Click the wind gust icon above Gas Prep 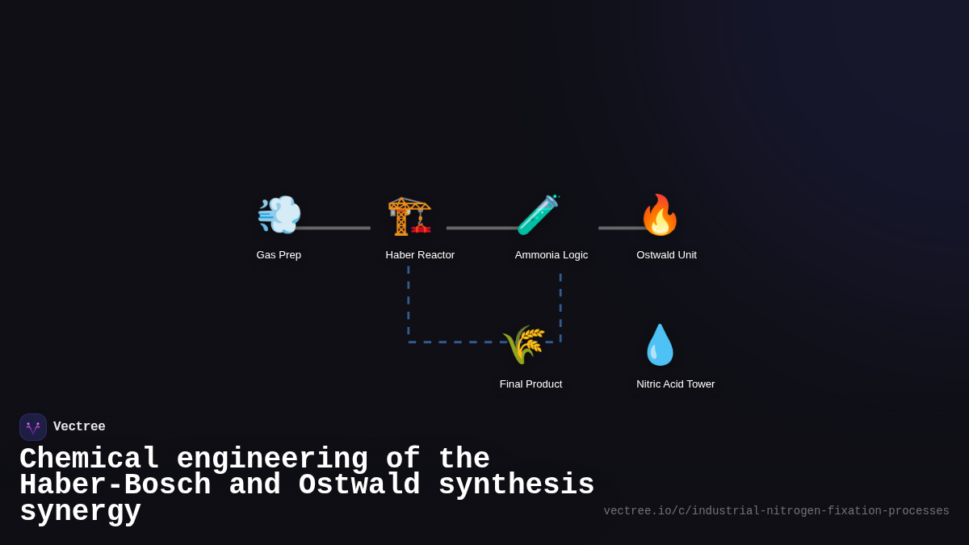[279, 215]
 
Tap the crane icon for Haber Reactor [409, 216]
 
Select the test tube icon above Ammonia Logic [538, 215]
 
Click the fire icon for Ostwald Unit [660, 215]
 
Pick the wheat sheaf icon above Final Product [523, 345]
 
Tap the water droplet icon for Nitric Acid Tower [660, 345]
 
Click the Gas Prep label [279, 255]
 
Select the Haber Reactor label [420, 255]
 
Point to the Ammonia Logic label [552, 255]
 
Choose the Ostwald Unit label [666, 255]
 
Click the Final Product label [531, 384]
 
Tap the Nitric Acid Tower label [675, 384]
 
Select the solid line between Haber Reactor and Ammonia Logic [480, 228]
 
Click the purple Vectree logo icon [33, 427]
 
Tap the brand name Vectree [79, 427]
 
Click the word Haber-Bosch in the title [115, 485]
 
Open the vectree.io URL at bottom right [776, 511]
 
